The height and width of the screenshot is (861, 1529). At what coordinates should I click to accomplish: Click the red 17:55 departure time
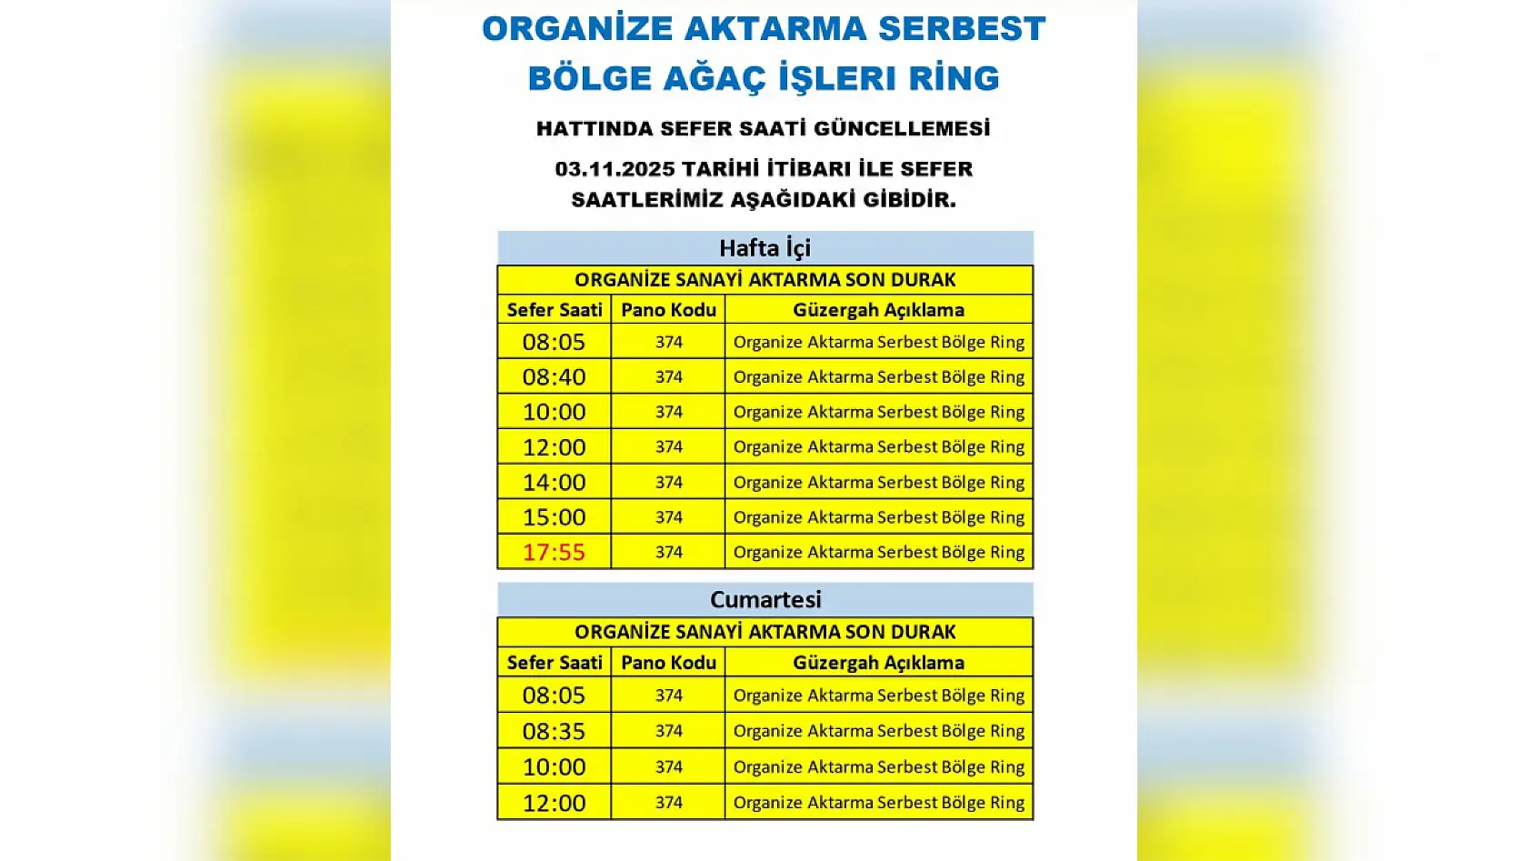[554, 552]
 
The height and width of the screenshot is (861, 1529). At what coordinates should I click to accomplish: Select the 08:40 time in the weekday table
[554, 376]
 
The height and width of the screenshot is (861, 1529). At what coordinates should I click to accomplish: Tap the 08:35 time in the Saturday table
[554, 731]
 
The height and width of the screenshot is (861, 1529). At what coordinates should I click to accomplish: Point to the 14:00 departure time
[554, 482]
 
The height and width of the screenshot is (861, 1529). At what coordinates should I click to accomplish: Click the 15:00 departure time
[554, 517]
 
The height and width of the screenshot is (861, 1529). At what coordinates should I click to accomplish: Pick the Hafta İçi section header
[764, 248]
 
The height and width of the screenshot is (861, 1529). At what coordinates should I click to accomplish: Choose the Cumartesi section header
[764, 600]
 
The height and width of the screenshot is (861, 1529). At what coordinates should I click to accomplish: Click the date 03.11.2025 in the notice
[615, 169]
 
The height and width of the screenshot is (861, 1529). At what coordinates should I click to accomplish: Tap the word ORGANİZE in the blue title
[576, 29]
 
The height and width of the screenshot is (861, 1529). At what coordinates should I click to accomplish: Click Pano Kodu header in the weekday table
[668, 310]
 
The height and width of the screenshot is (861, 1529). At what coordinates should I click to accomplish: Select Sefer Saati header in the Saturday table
[554, 663]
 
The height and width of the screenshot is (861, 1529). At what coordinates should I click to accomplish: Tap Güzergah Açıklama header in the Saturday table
[878, 663]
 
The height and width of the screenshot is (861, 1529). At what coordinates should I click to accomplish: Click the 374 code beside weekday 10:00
[668, 412]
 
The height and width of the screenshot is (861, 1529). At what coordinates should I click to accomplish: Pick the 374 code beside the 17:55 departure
[668, 552]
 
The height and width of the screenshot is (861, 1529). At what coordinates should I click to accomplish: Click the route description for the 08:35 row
[878, 731]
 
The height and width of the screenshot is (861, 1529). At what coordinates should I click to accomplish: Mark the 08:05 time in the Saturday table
[554, 696]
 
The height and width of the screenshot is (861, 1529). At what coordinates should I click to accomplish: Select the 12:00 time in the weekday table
[554, 447]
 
